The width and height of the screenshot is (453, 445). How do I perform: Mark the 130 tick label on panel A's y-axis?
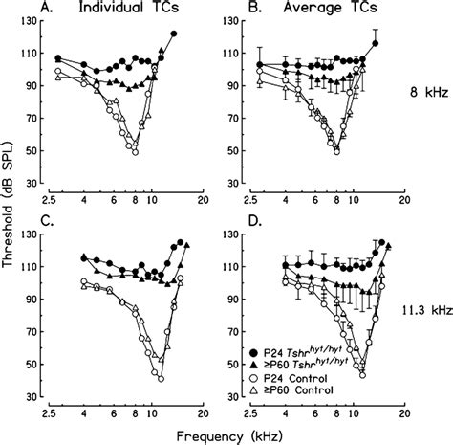point(35,27)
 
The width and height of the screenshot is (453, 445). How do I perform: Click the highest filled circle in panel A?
point(173,33)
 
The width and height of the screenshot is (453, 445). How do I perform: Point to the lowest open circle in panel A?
point(136,151)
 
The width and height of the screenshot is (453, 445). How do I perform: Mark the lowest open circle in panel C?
point(160,379)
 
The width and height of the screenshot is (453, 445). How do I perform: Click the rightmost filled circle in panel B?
point(376,43)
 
